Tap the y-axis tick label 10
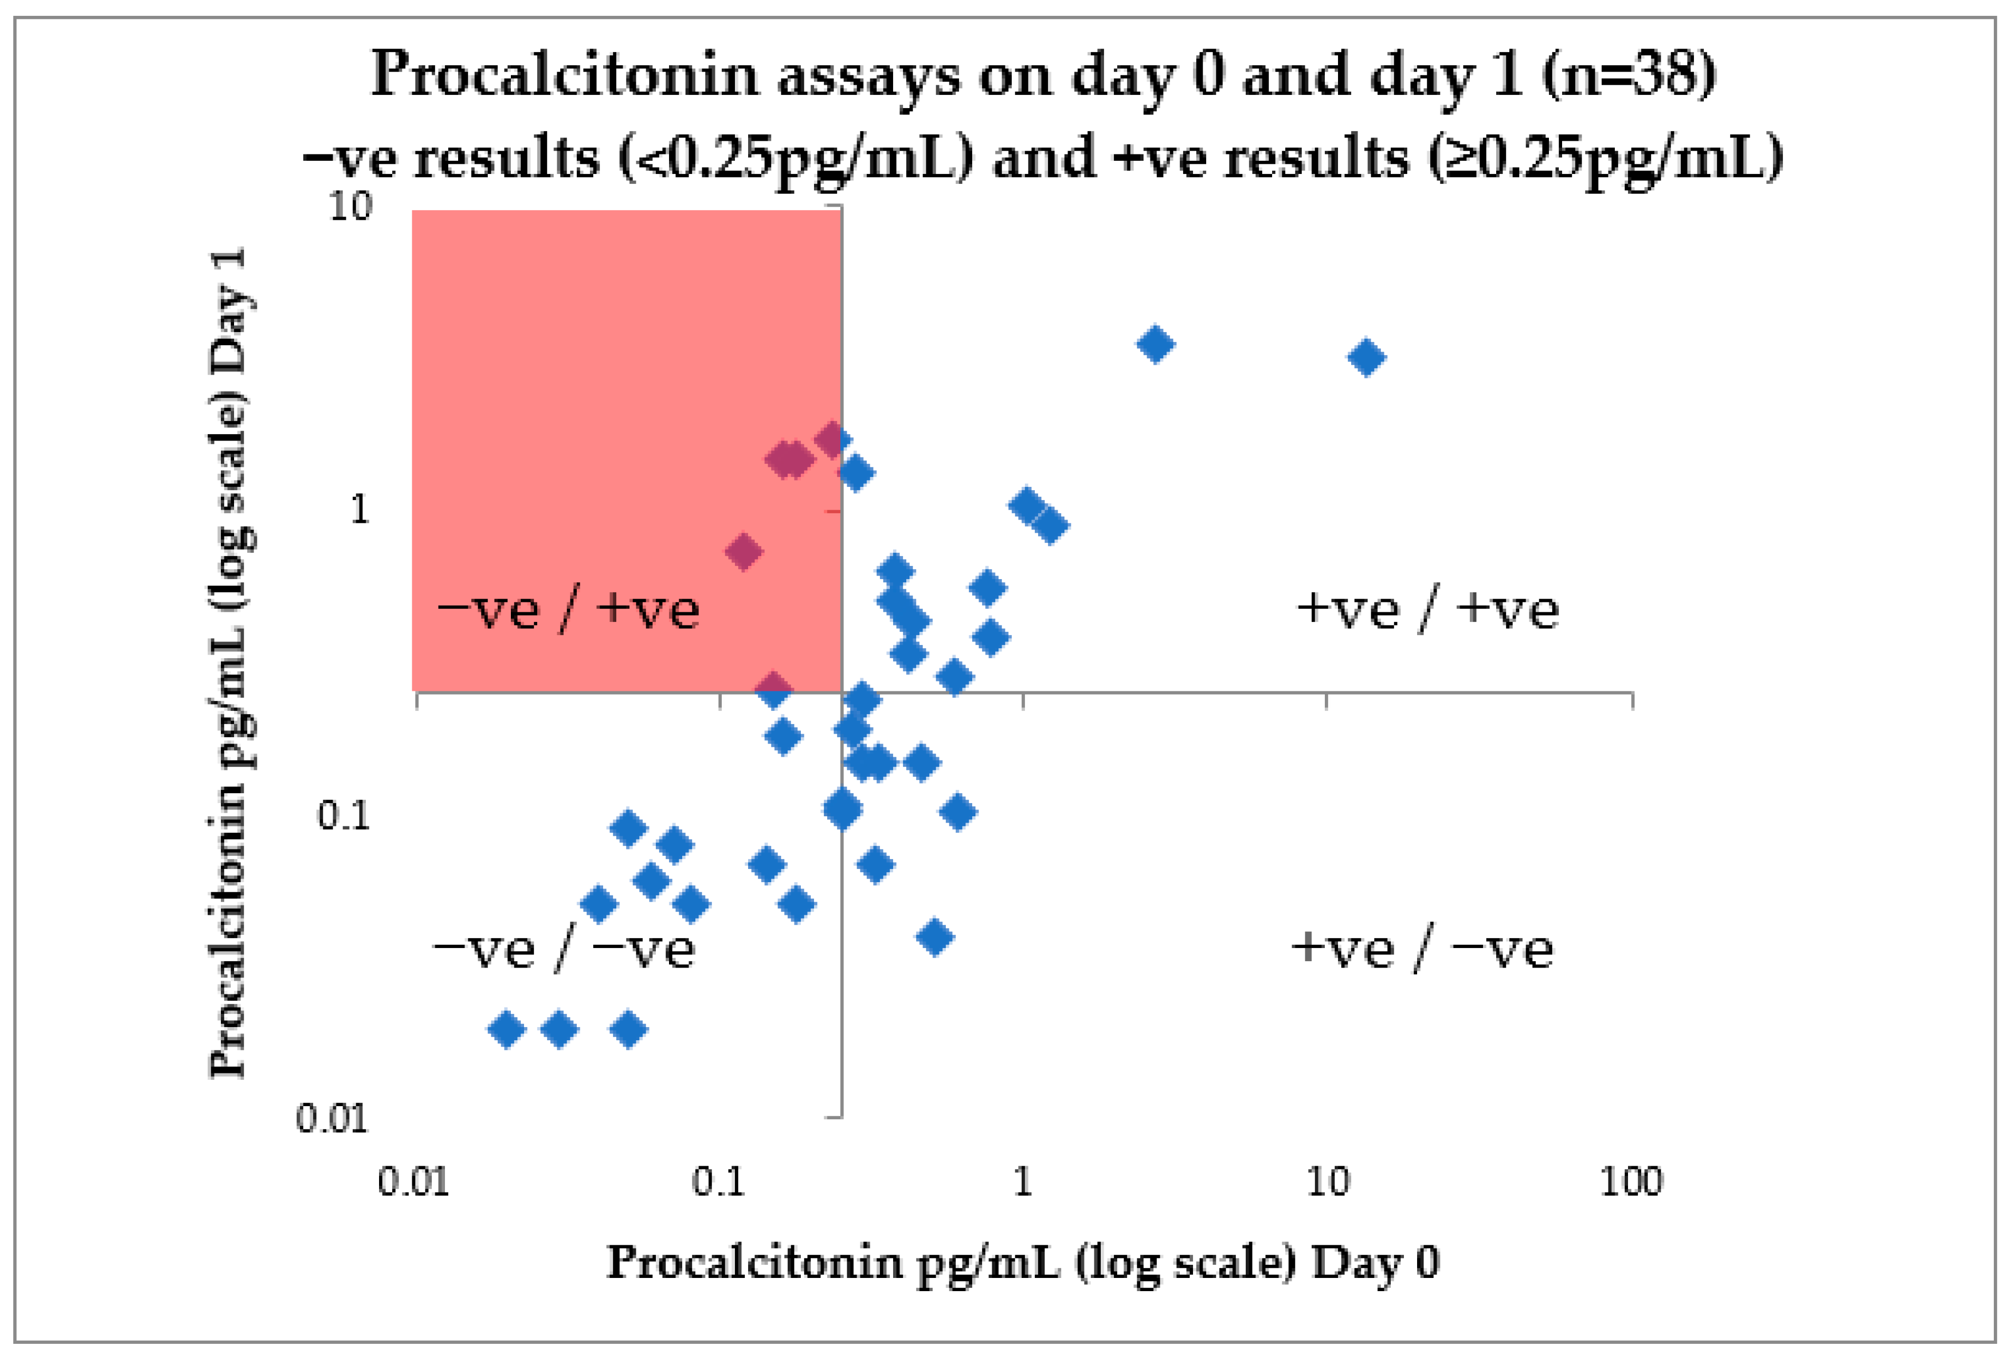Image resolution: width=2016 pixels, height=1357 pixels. [x=350, y=206]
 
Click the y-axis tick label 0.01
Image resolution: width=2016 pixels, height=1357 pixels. [x=332, y=1118]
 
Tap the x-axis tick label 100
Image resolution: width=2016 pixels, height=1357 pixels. [x=1631, y=1182]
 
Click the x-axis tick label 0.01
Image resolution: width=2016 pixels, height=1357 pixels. [x=413, y=1182]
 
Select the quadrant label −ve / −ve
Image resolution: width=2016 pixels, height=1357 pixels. [x=564, y=950]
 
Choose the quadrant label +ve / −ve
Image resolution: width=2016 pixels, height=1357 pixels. [x=1422, y=950]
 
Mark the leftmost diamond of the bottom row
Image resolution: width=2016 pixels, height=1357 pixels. [x=507, y=1030]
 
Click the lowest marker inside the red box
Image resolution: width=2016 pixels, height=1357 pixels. [x=773, y=689]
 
